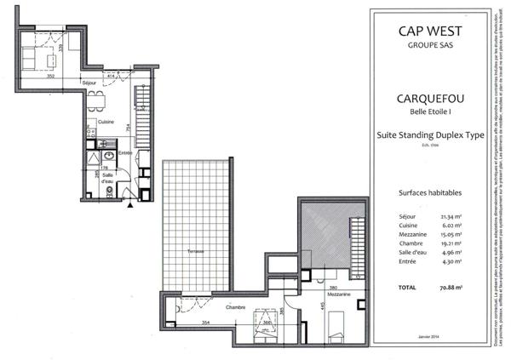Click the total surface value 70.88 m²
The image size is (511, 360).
(450, 289)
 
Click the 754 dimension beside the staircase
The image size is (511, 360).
(129, 127)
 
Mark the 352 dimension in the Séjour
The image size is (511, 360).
(51, 77)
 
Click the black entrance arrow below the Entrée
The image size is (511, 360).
(129, 204)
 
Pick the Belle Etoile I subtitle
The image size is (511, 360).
(429, 111)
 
